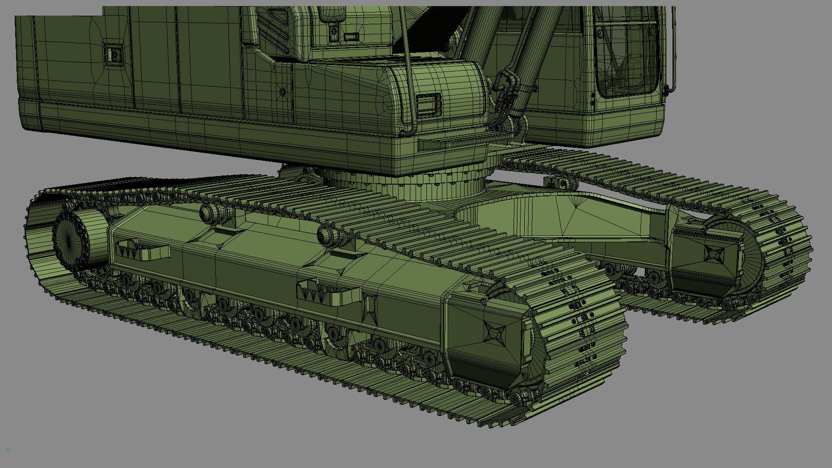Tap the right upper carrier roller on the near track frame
pyautogui.click(x=328, y=235)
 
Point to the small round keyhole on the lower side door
pyautogui.click(x=283, y=92)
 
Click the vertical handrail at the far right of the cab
pyautogui.click(x=673, y=48)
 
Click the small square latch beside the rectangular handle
pyautogui.click(x=333, y=32)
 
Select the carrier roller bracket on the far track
pyautogui.click(x=561, y=183)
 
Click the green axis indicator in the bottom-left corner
pyautogui.click(x=8, y=449)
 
